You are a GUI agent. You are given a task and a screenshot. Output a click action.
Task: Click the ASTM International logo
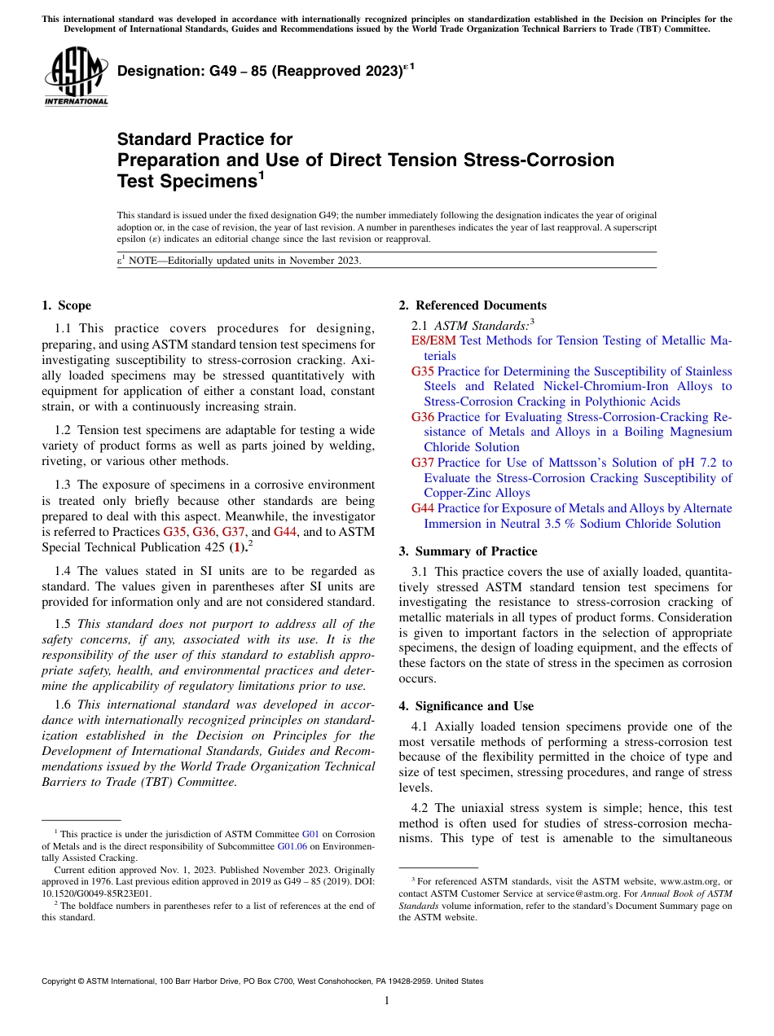tap(76, 77)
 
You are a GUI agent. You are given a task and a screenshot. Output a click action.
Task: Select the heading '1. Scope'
tap(67, 305)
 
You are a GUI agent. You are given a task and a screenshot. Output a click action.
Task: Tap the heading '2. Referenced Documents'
tap(473, 305)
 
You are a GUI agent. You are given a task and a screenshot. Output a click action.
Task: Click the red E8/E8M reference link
tap(434, 340)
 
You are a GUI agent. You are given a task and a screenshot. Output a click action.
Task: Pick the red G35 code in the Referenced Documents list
tap(423, 371)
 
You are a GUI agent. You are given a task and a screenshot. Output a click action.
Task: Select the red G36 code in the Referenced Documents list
tap(423, 417)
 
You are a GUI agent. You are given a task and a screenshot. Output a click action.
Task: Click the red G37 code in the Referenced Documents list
tap(423, 463)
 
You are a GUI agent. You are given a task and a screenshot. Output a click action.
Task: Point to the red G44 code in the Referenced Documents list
tap(423, 508)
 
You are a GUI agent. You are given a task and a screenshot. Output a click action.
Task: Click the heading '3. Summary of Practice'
tap(468, 551)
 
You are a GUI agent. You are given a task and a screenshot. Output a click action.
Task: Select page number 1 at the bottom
tap(387, 1000)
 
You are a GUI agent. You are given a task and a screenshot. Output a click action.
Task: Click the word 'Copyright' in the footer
tap(60, 981)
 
